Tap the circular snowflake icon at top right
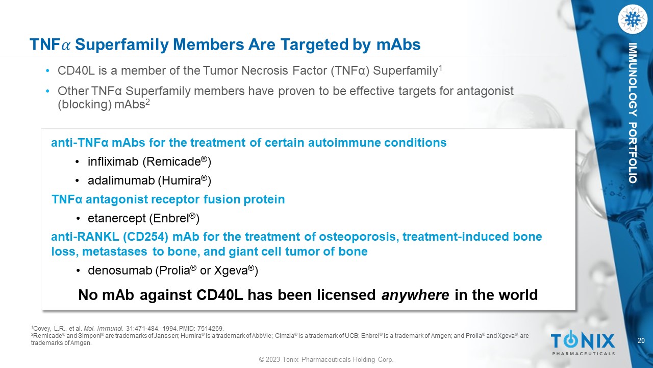(632, 19)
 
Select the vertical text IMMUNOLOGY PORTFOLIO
(632, 113)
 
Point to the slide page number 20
(641, 340)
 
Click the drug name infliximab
(113, 162)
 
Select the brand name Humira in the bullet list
(181, 180)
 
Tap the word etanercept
(117, 219)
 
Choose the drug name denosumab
(120, 270)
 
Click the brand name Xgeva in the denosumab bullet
(231, 271)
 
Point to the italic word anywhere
(415, 295)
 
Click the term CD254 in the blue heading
(145, 237)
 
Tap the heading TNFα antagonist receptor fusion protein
(168, 199)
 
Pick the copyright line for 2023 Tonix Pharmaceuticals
(326, 359)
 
